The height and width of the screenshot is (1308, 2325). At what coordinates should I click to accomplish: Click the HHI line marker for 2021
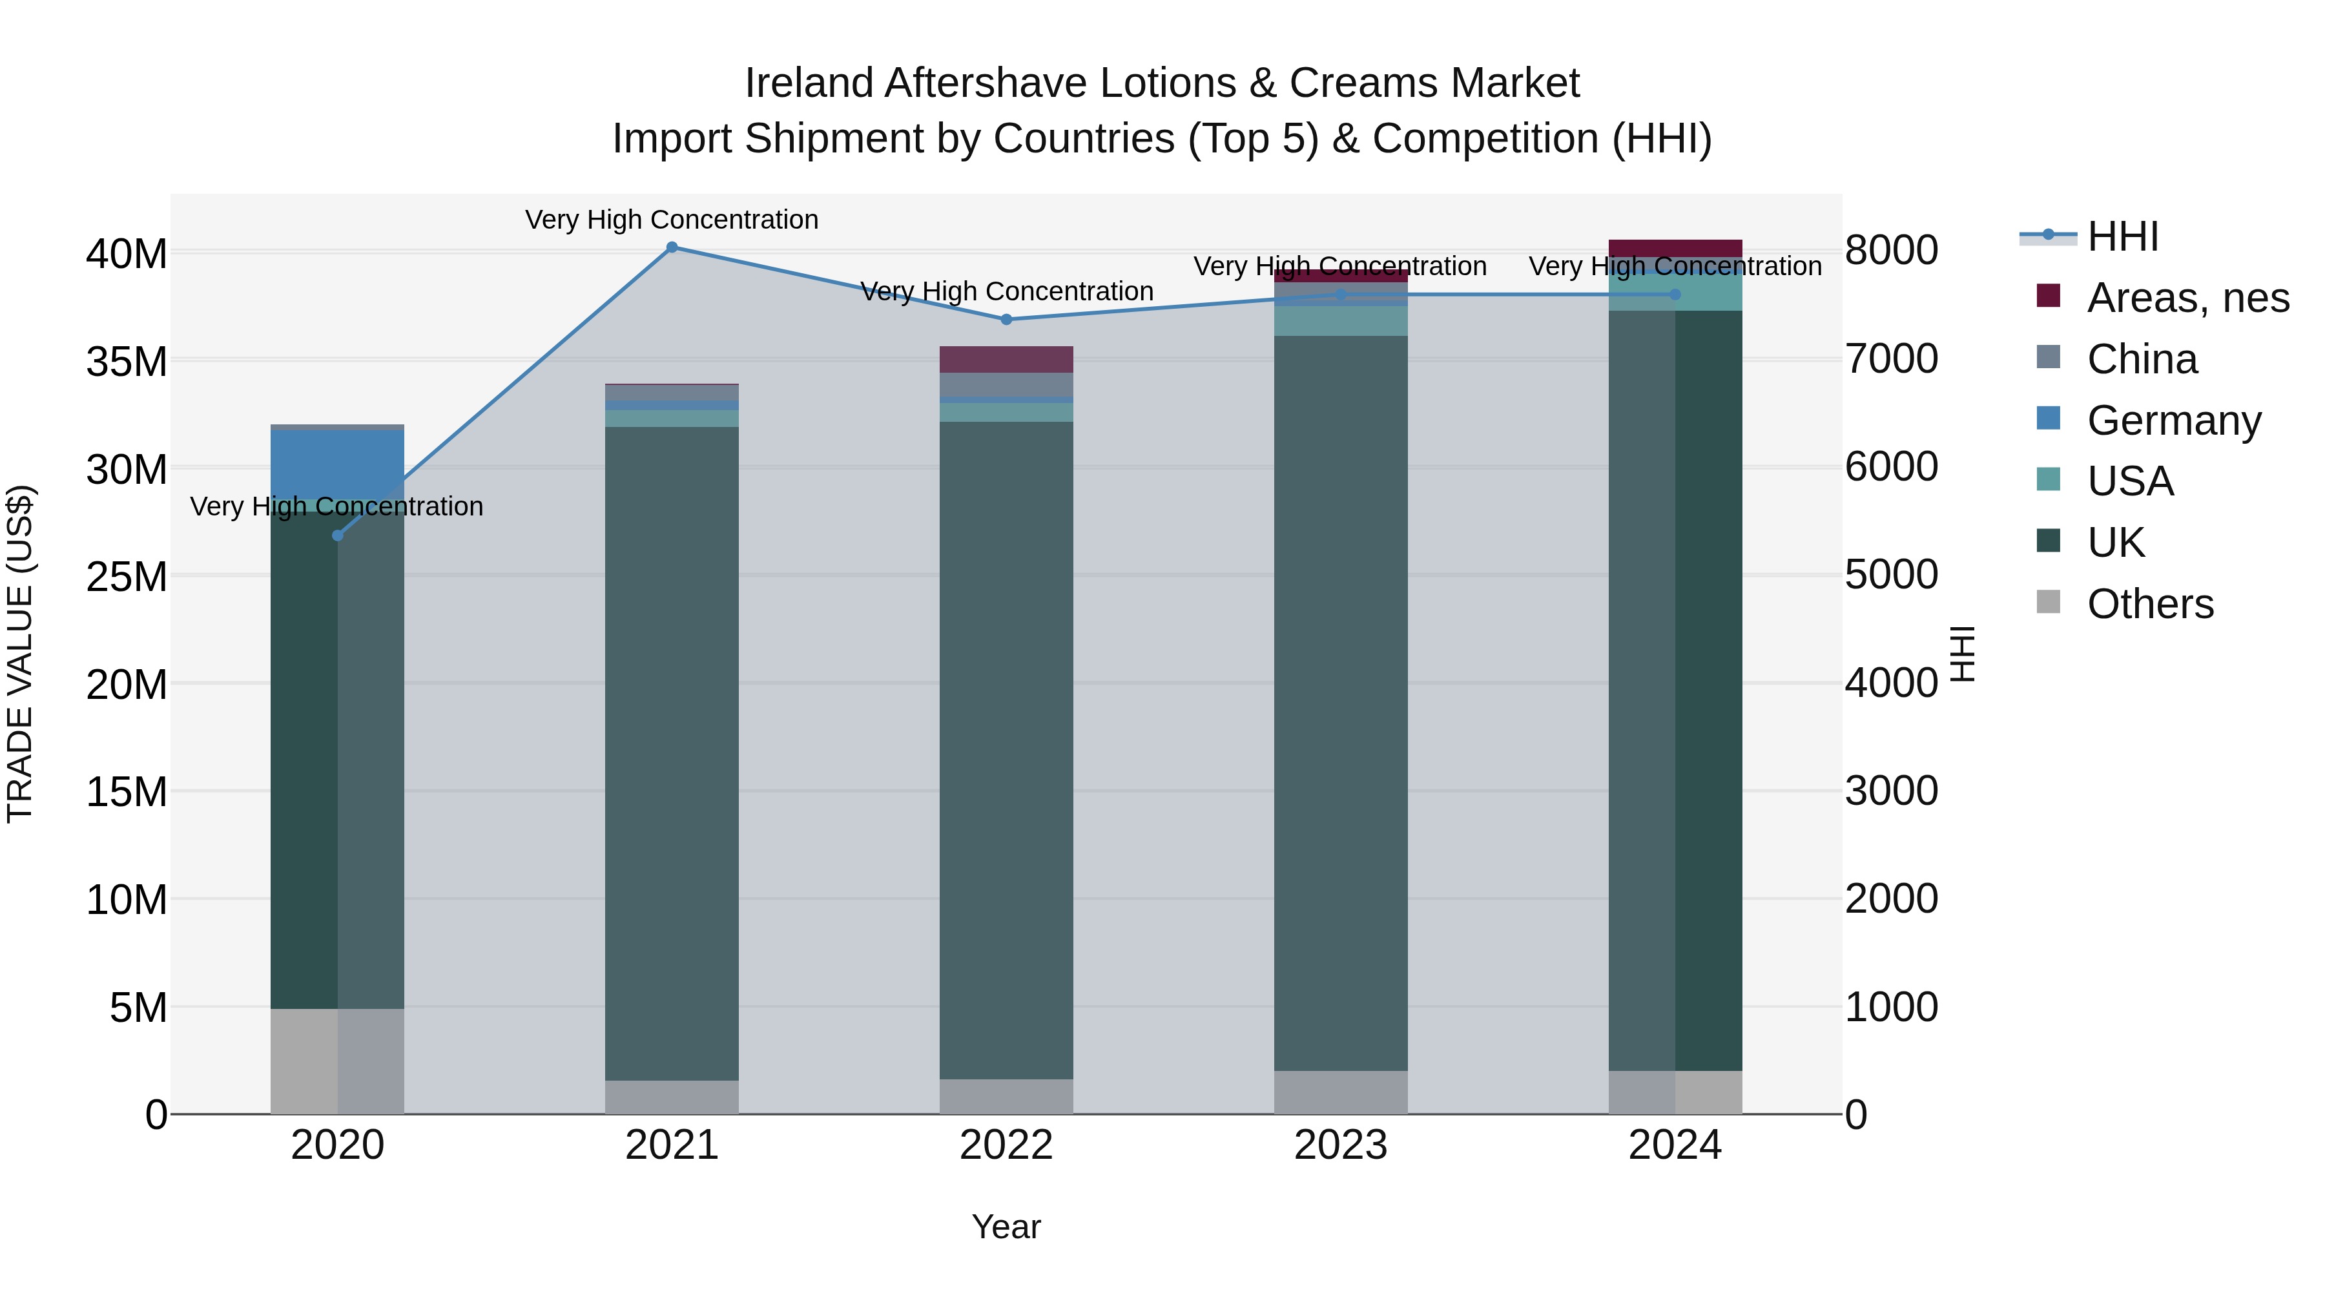[672, 247]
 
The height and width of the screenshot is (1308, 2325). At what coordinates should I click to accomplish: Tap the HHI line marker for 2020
[338, 536]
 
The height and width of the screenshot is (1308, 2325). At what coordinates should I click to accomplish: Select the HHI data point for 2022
[1006, 320]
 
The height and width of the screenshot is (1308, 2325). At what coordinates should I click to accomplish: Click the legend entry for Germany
[2173, 420]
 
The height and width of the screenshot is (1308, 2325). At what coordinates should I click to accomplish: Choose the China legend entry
[2142, 359]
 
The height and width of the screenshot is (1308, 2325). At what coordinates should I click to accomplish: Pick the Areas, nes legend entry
[2187, 298]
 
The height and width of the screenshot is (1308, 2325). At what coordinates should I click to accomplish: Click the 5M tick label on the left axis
[138, 1008]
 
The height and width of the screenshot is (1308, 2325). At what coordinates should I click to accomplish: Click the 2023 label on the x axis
[1340, 1145]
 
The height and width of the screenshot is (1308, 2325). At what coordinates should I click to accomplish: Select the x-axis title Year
[1006, 1227]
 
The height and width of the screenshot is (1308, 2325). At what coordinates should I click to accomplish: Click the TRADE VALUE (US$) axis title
[21, 654]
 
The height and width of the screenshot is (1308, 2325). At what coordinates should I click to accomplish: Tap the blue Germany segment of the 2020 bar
[338, 464]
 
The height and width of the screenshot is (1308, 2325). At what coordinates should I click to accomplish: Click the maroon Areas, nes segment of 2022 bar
[1006, 359]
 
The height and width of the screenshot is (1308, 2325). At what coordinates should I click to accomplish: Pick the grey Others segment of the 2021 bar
[672, 1097]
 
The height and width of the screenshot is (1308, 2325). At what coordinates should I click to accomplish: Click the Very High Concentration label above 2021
[672, 220]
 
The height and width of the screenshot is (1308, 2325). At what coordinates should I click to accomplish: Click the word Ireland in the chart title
[809, 83]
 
